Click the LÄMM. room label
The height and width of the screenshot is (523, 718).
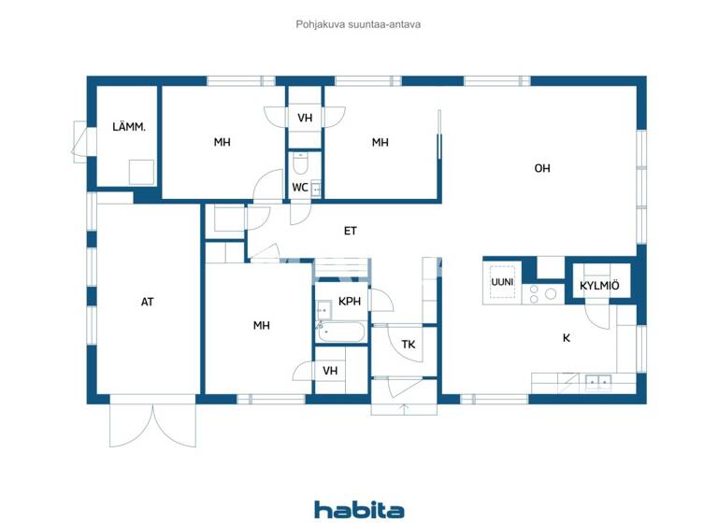click(129, 127)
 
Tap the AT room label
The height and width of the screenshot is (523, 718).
click(148, 302)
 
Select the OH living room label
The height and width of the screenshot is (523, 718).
click(542, 169)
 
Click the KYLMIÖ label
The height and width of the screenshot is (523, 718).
click(599, 286)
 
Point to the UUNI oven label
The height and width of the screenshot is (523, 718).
click(502, 281)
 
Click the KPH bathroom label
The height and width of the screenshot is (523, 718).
click(350, 302)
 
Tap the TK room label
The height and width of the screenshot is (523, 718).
click(409, 345)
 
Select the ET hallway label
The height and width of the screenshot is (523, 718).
click(351, 231)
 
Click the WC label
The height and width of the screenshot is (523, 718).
click(300, 188)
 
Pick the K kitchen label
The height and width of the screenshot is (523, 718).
click(567, 338)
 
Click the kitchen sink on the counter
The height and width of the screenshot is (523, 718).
click(597, 380)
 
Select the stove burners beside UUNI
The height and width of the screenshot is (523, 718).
click(542, 293)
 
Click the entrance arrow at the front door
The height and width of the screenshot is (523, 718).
click(404, 407)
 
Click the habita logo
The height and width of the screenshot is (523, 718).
click(359, 509)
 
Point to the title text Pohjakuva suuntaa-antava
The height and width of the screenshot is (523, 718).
click(358, 24)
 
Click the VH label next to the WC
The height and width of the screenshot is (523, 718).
click(305, 119)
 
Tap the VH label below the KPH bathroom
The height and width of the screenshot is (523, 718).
click(330, 371)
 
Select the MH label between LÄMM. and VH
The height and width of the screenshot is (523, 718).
click(222, 143)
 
